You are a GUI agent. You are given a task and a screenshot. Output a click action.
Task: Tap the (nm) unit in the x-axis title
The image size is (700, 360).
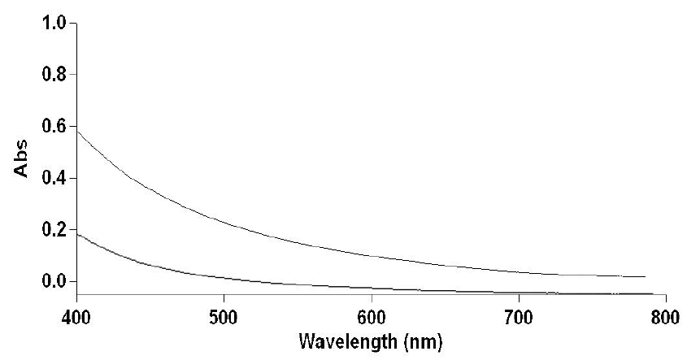click(x=423, y=337)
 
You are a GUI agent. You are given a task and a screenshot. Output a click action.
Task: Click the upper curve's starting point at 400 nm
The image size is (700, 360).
click(x=77, y=130)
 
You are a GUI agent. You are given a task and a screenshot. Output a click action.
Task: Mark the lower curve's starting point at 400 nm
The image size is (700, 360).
click(x=77, y=234)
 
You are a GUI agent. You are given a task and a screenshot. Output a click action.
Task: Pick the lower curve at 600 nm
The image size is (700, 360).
click(x=371, y=287)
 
